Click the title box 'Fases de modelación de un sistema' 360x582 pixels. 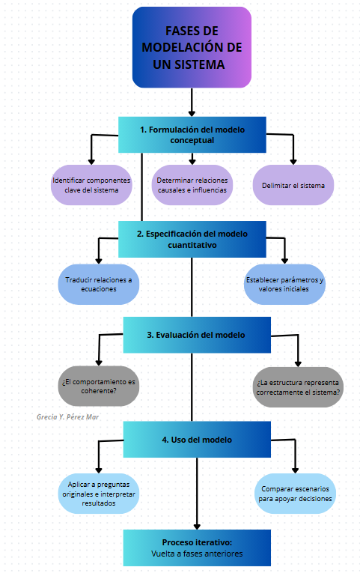click(192, 47)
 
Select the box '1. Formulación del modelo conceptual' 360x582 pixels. click(192, 135)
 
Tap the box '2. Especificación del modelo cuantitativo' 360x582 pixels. click(192, 239)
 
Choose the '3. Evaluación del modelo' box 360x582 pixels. click(197, 335)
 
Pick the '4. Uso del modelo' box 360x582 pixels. click(197, 440)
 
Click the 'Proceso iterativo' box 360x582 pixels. click(197, 548)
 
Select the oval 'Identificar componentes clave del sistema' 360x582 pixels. click(91, 185)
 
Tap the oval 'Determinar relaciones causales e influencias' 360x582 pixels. click(192, 185)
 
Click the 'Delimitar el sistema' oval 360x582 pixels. click(293, 185)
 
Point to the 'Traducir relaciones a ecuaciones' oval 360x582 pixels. click(99, 285)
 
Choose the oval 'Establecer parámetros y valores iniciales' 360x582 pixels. click(284, 285)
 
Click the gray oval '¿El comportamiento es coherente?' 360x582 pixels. click(99, 386)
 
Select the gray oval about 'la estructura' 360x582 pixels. click(298, 387)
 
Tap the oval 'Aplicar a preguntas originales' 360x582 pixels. click(99, 494)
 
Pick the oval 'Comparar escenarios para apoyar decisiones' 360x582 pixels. click(295, 494)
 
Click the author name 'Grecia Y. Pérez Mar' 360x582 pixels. click(67, 416)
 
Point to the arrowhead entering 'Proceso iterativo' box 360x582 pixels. click(197, 527)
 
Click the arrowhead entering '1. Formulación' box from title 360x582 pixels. click(192, 114)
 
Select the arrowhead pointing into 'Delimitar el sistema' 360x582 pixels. click(293, 162)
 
